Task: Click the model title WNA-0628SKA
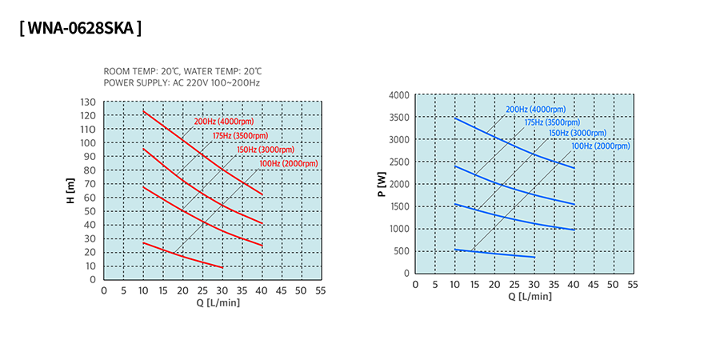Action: pos(80,29)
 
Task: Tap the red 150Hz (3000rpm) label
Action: pos(266,150)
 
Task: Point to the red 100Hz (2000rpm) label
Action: pos(289,163)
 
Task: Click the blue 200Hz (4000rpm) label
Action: pos(535,110)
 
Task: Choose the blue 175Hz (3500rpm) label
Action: pos(552,122)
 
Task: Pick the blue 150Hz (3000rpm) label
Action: pos(576,133)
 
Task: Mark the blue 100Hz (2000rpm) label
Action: pos(600,146)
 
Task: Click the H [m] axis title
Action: pos(70,191)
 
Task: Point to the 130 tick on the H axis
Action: pos(88,102)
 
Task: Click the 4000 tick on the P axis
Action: pos(398,95)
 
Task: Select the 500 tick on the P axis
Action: pos(402,251)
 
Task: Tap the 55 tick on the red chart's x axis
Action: pos(321,290)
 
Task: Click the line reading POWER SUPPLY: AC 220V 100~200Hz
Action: pos(182,82)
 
